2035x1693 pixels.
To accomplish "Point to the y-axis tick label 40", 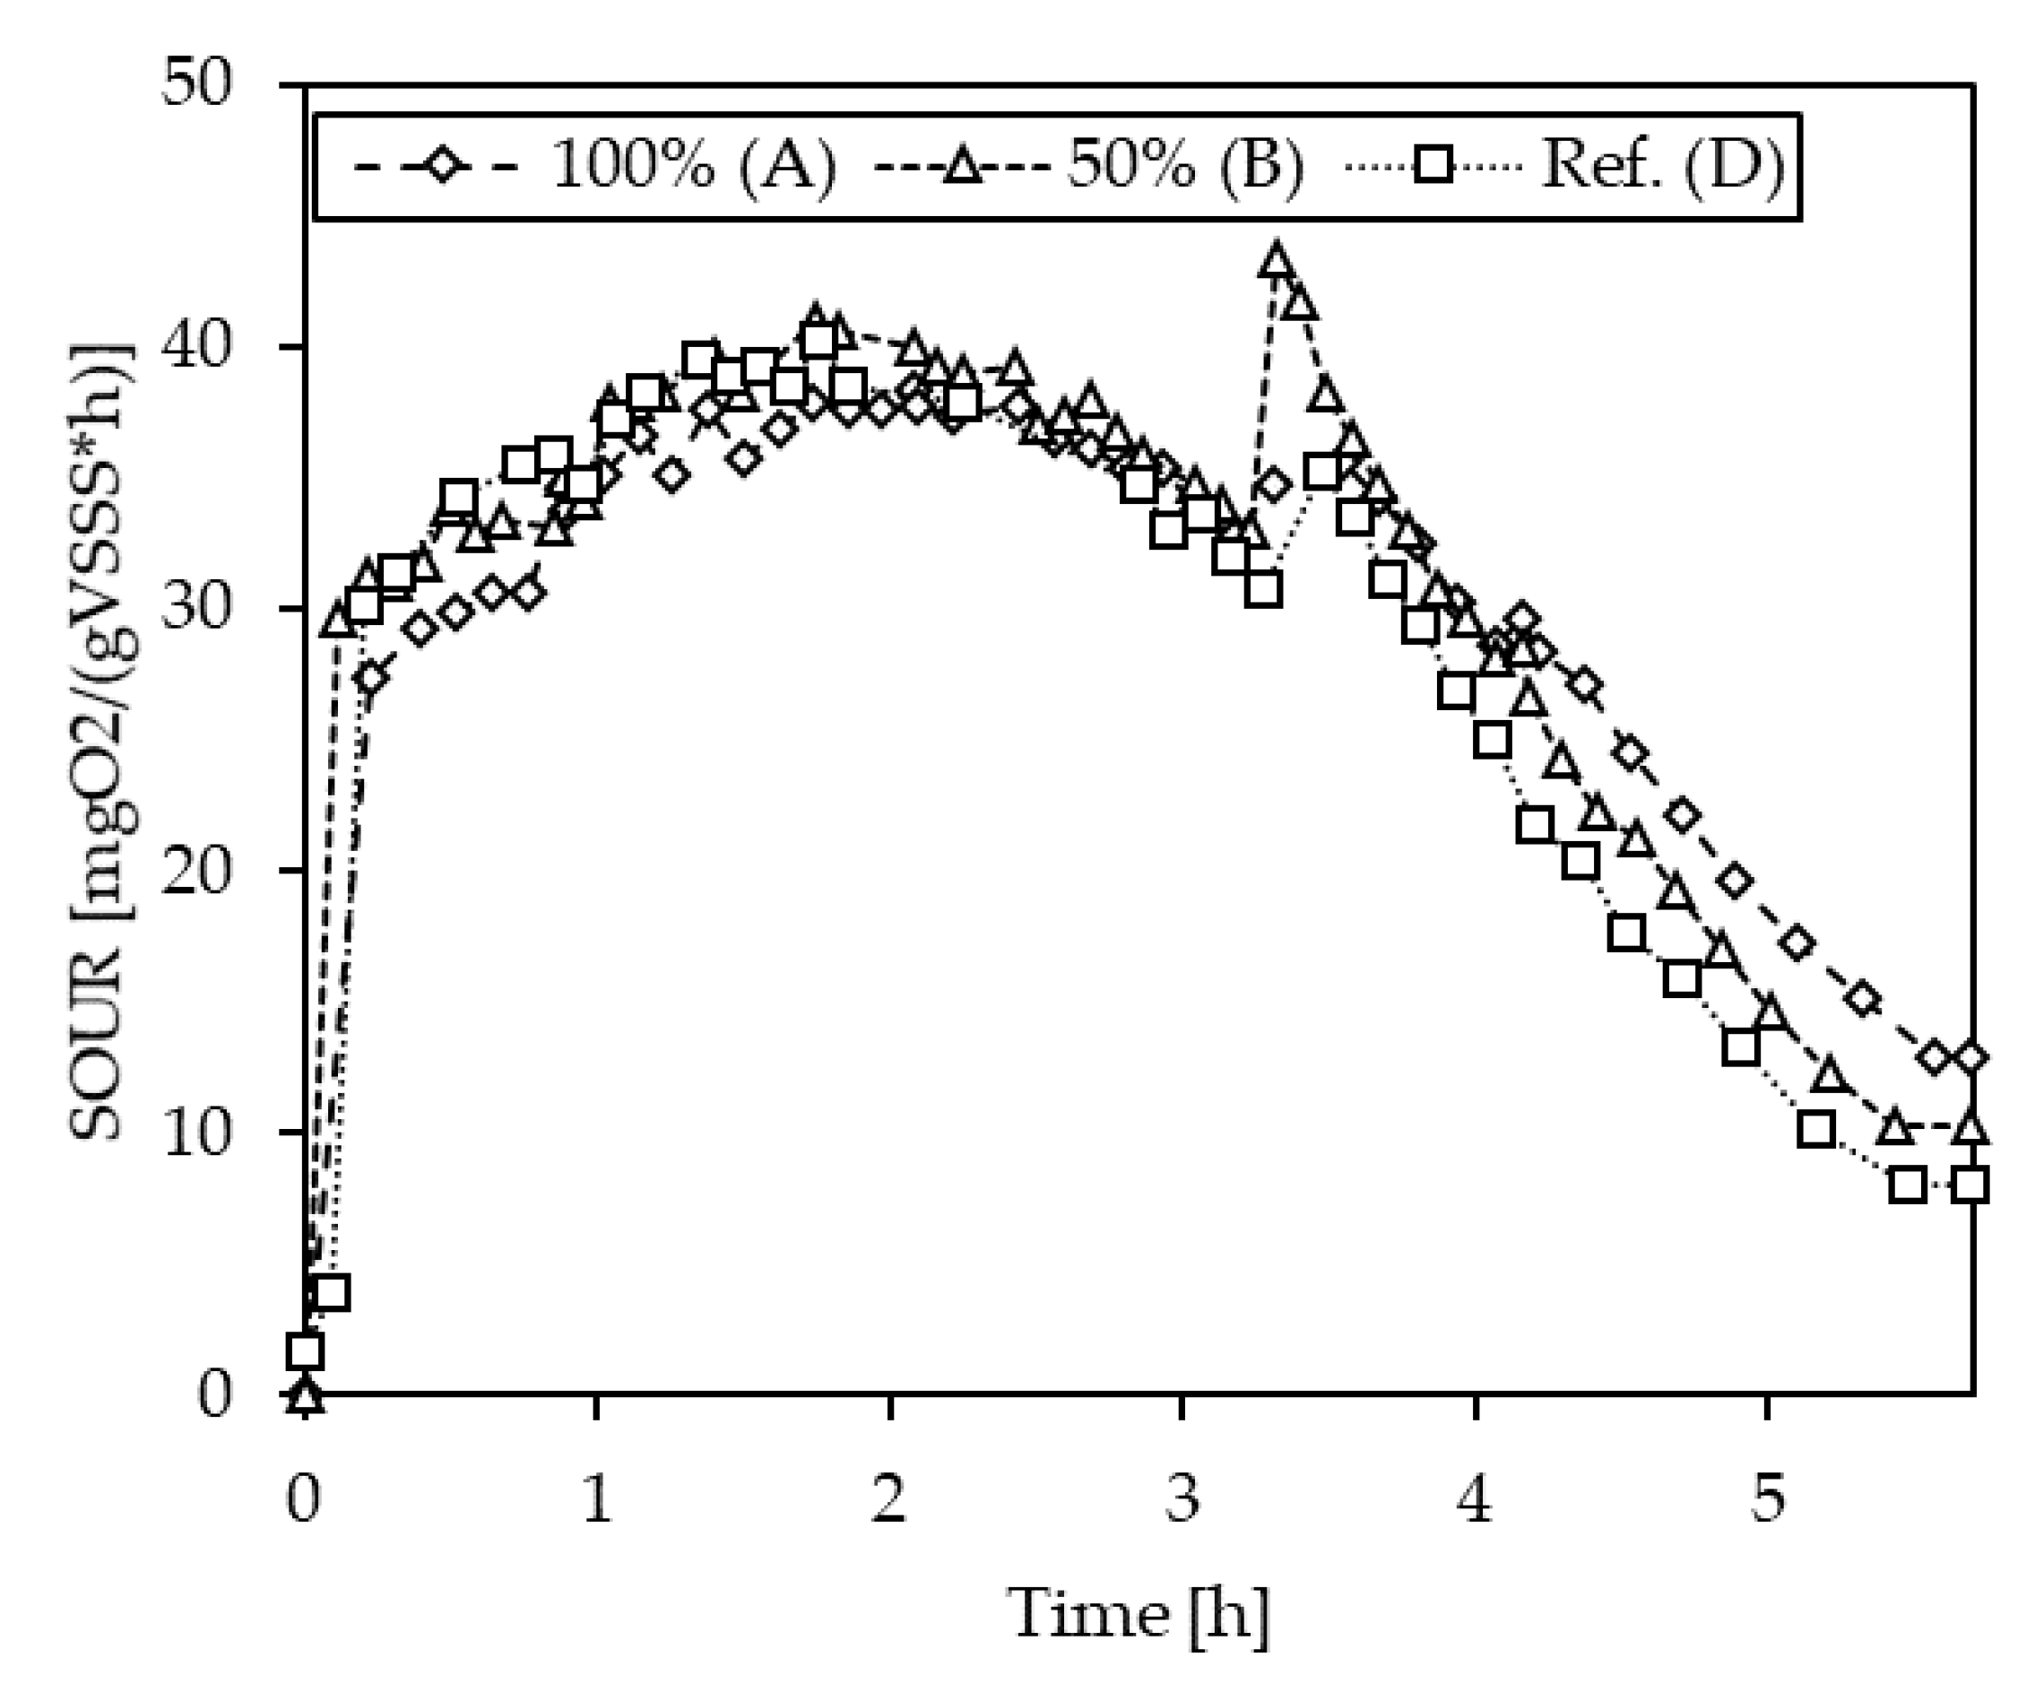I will tap(198, 347).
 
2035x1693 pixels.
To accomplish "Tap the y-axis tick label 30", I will tap(198, 609).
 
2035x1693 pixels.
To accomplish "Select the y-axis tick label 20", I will tap(198, 870).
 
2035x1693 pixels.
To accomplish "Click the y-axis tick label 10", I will tap(198, 1132).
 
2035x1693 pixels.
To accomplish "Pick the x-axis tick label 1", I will tap(597, 1498).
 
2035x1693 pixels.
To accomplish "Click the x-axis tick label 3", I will tap(1182, 1498).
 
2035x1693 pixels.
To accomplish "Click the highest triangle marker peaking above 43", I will tap(1277, 260).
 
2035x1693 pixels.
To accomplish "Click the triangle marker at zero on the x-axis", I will tap(305, 1395).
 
